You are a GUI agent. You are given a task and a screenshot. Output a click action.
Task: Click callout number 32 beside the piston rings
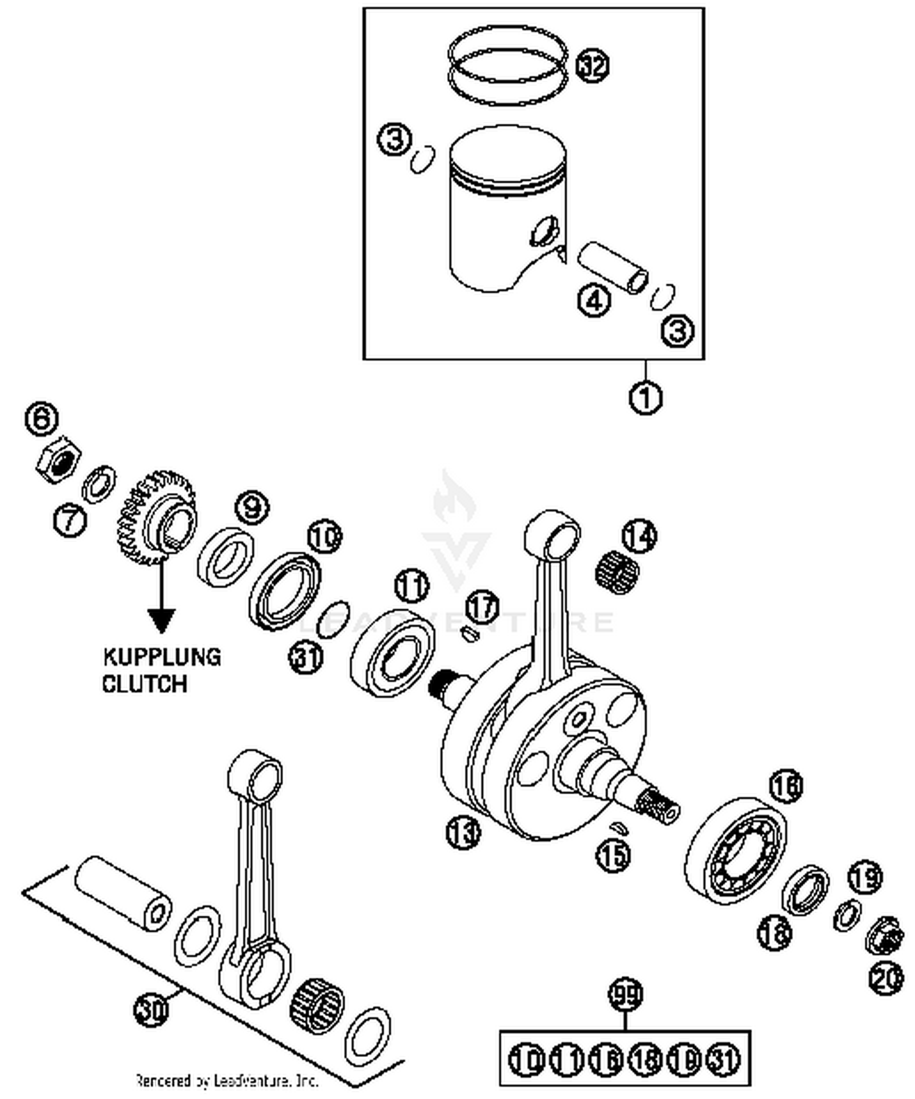592,65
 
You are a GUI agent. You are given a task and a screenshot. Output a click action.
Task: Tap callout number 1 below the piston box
645,397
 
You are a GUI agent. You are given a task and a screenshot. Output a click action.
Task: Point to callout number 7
70,520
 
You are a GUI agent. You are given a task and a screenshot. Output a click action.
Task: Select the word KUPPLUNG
162,657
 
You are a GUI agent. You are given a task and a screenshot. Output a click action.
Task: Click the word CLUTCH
145,684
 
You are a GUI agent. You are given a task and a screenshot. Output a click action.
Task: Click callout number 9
252,507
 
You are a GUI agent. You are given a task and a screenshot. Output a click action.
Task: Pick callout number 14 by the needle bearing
639,536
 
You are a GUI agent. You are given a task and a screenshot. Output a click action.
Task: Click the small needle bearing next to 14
617,572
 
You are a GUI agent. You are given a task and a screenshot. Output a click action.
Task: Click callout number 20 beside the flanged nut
886,980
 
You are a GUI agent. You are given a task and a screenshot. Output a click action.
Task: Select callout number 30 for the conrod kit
151,1011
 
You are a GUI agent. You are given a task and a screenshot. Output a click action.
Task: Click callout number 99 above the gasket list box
626,995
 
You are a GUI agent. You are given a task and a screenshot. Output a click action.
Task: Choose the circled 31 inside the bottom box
723,1059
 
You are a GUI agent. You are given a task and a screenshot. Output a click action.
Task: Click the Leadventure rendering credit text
226,1081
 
